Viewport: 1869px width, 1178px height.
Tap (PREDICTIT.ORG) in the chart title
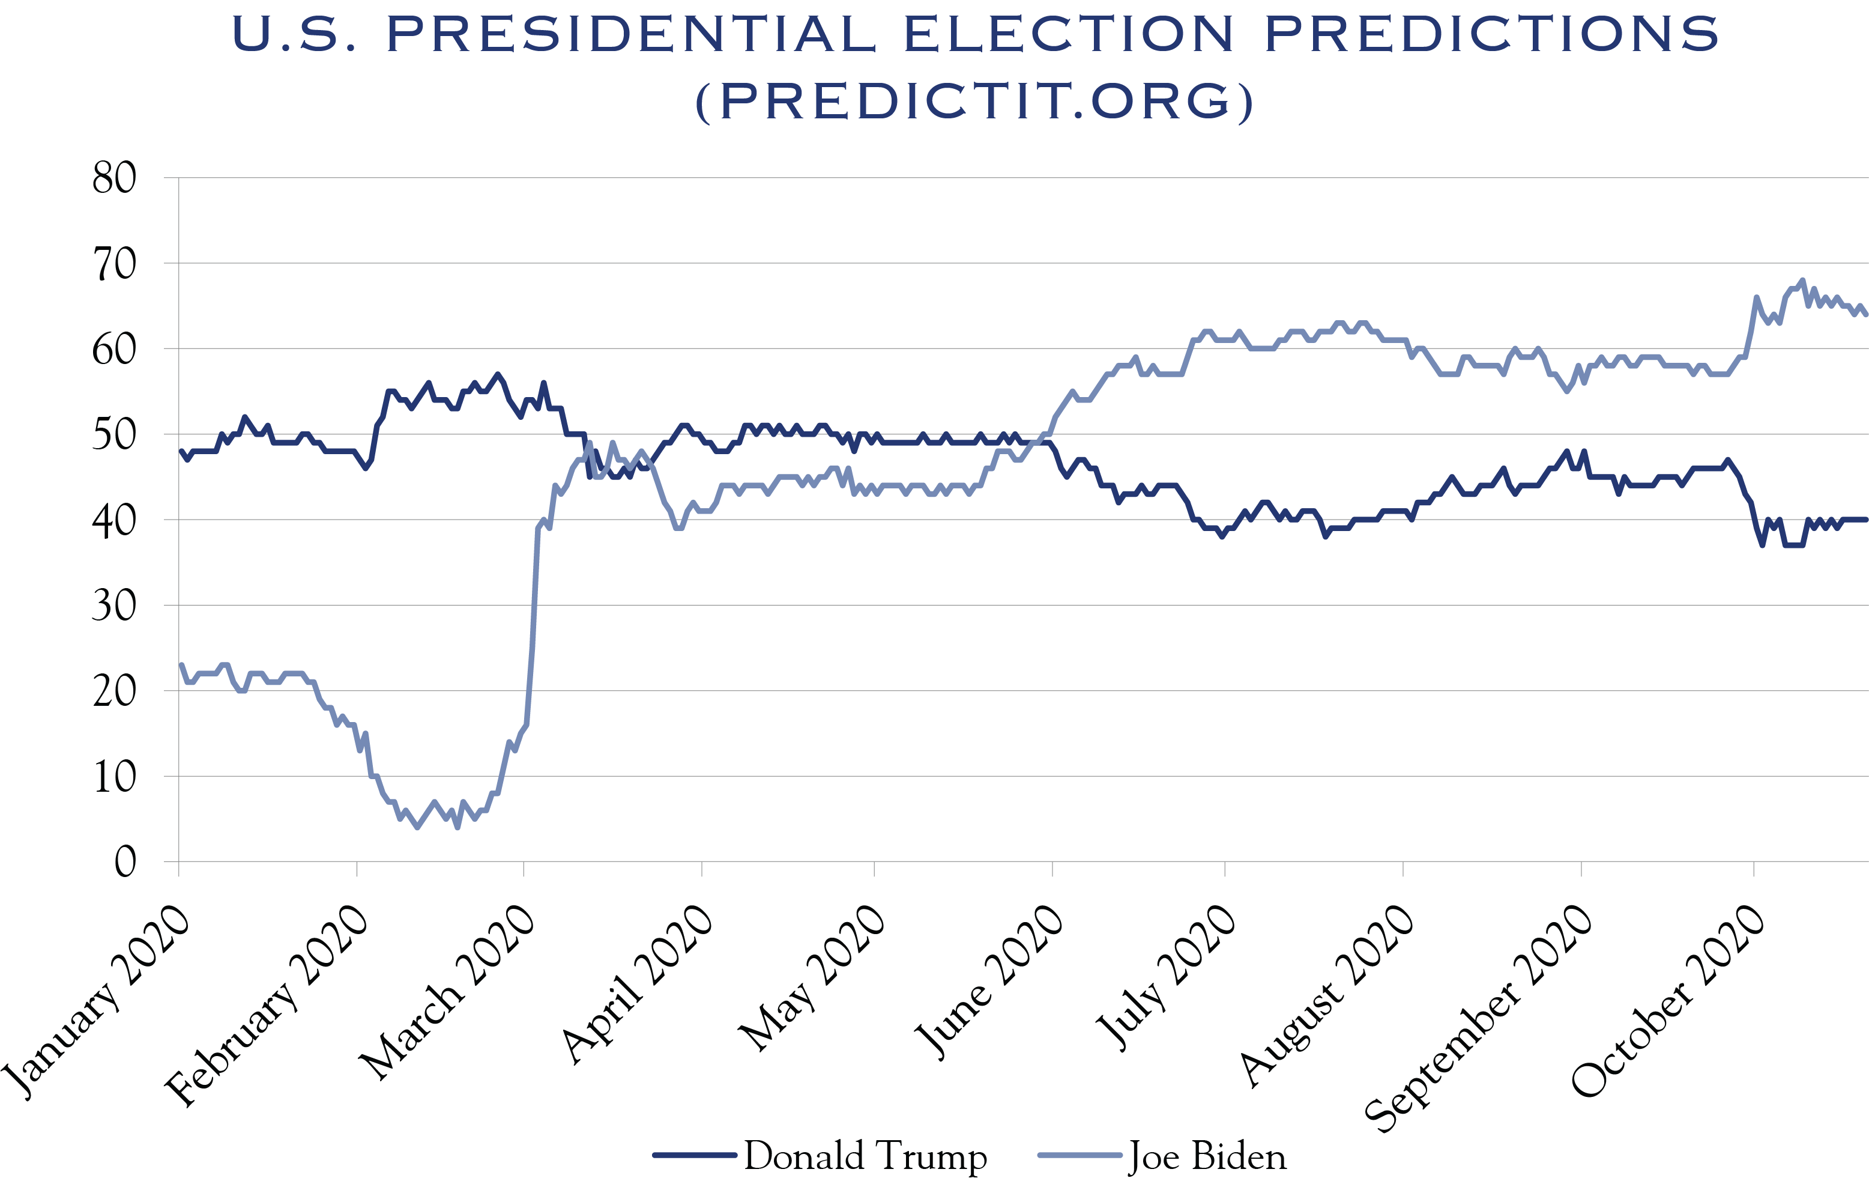tap(974, 102)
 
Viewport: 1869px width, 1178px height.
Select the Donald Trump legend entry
tap(865, 1156)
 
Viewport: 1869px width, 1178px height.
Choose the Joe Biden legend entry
tap(1207, 1156)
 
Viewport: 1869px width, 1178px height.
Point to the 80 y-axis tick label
tap(114, 178)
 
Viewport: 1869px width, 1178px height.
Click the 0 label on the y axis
tap(125, 861)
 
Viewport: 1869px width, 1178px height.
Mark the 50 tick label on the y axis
tap(114, 435)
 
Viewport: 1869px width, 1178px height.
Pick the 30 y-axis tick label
tap(114, 606)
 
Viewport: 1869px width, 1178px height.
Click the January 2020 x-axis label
tap(97, 1002)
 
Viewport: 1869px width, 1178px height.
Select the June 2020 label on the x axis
tap(987, 982)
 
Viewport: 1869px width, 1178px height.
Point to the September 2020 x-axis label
tap(1479, 1017)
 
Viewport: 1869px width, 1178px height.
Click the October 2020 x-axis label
tap(1668, 1002)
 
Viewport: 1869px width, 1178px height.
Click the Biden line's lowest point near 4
tap(418, 828)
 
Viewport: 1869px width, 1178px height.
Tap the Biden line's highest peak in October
tap(1802, 281)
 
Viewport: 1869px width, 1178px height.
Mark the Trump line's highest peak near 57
tap(498, 374)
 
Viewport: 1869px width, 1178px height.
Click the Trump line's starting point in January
tap(181, 451)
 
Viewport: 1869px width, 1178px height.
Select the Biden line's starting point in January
tap(181, 665)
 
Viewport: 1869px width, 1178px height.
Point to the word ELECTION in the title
tap(1068, 34)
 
